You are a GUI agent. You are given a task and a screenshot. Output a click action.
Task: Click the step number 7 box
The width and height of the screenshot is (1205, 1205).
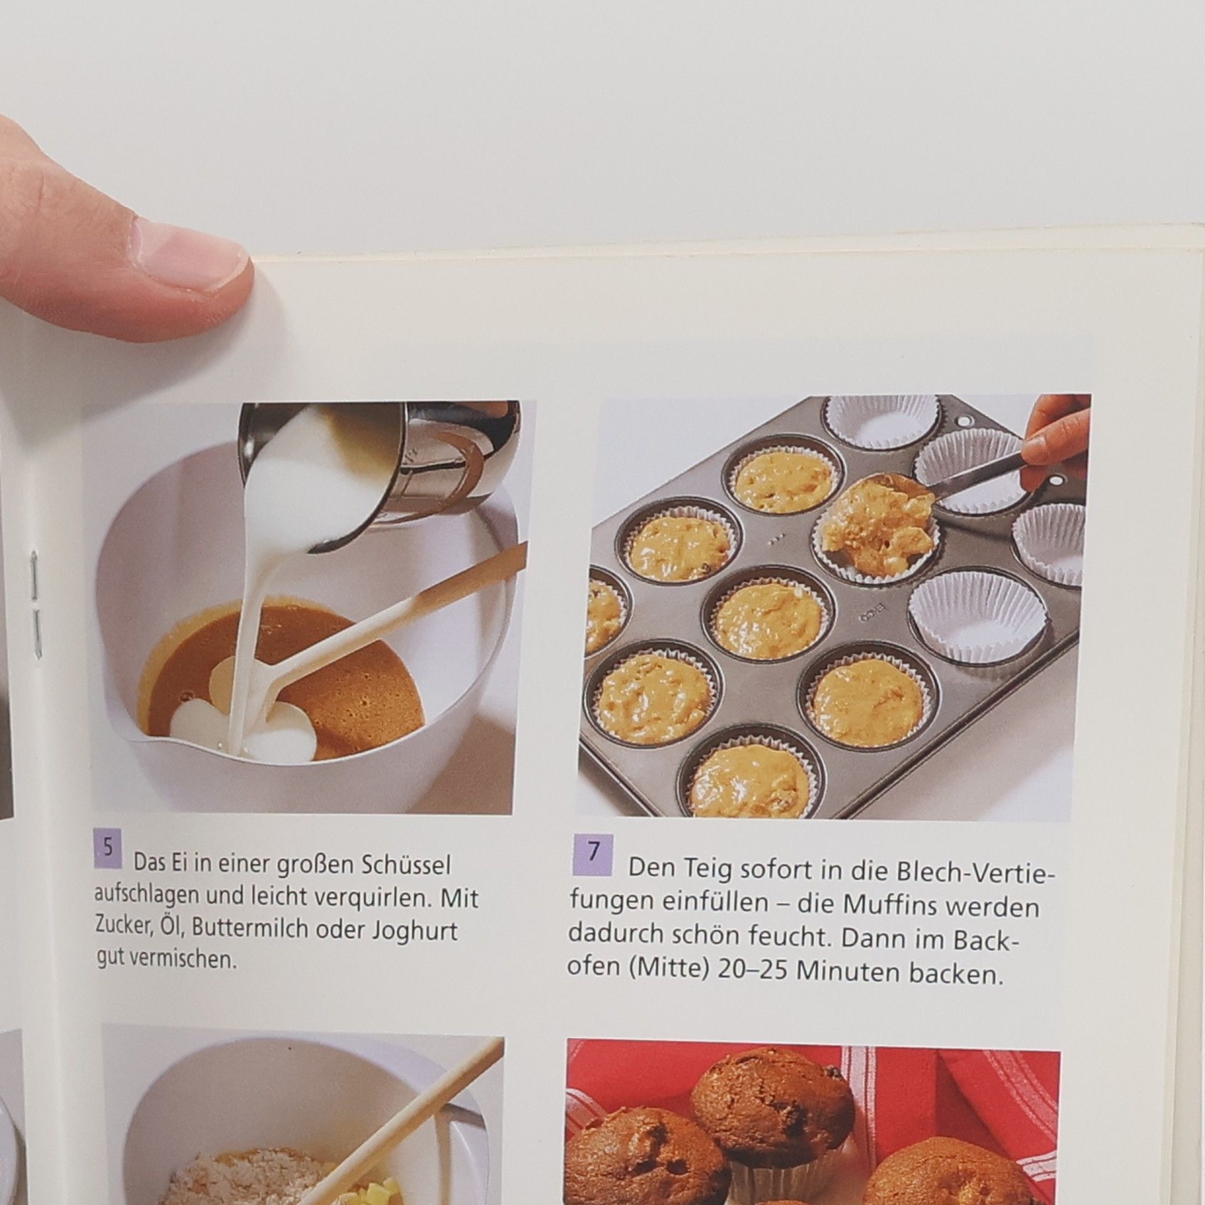pos(593,855)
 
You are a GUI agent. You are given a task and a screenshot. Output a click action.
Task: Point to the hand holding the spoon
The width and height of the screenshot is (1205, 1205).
pos(1057,439)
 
